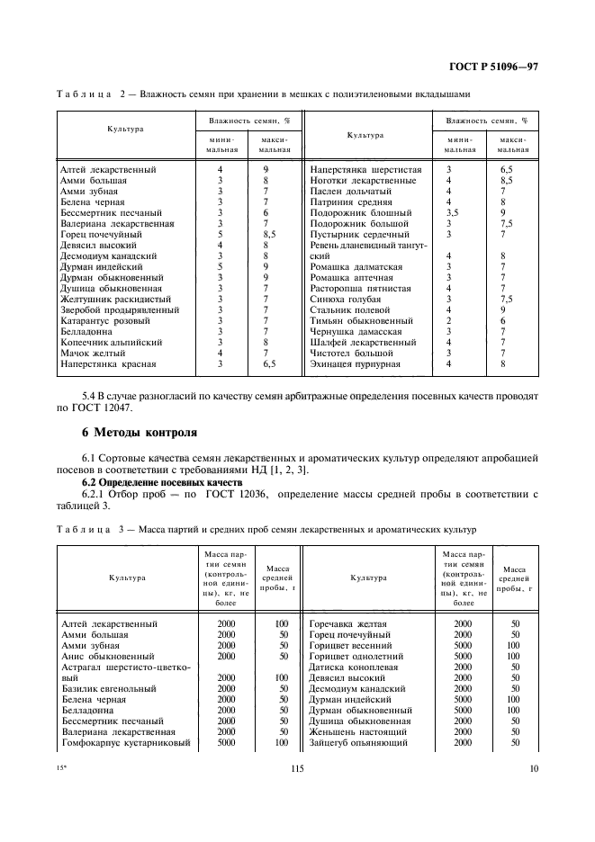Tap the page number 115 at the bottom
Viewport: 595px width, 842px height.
[x=298, y=767]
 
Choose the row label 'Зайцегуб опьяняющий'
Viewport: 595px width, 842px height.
[x=358, y=742]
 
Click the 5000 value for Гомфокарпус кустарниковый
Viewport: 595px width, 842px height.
[x=226, y=742]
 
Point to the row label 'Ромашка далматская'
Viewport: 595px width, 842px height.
[x=356, y=266]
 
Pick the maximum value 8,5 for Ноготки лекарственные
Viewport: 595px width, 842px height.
[x=507, y=180]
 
